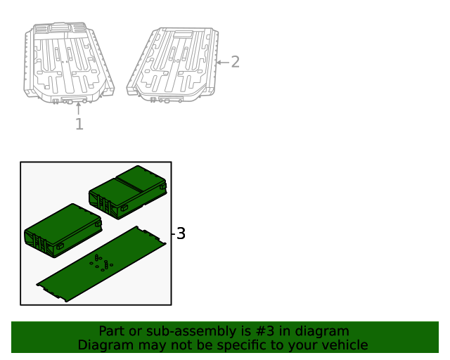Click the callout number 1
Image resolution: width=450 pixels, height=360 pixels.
point(79,124)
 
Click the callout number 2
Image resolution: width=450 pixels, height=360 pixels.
point(235,62)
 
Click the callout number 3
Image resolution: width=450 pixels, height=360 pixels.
point(181,233)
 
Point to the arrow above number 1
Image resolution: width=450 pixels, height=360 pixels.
point(78,108)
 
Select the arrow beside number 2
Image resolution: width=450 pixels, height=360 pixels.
point(223,63)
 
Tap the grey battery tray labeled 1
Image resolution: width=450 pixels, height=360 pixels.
point(69,63)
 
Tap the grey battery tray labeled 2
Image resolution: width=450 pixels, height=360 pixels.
point(173,65)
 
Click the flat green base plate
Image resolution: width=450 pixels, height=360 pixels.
point(101,264)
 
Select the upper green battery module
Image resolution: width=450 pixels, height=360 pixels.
point(128,192)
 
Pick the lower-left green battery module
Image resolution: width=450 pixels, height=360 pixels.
point(63,231)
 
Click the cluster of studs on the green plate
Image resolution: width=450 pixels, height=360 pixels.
point(101,263)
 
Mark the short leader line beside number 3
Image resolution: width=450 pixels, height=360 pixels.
point(173,233)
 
